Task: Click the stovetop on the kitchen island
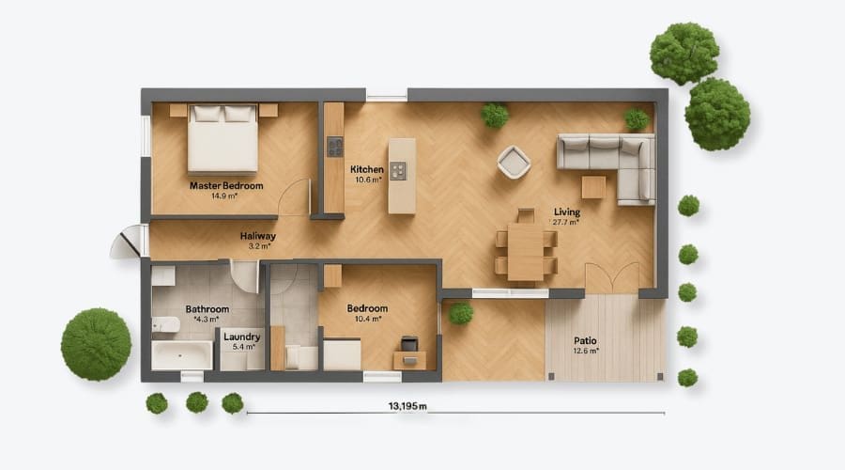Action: click(x=399, y=171)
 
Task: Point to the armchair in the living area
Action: click(x=514, y=162)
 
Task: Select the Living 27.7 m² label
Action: click(x=566, y=216)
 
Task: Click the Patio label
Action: click(x=585, y=345)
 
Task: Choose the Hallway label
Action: click(x=258, y=240)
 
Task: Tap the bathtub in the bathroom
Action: click(x=182, y=355)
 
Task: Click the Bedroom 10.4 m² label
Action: click(x=367, y=313)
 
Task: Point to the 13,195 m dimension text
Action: click(x=407, y=406)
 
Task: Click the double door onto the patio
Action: click(x=611, y=279)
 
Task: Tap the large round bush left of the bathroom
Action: click(x=96, y=343)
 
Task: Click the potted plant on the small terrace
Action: click(x=460, y=314)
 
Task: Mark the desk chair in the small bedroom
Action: click(x=409, y=345)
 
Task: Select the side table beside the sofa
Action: click(x=593, y=187)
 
